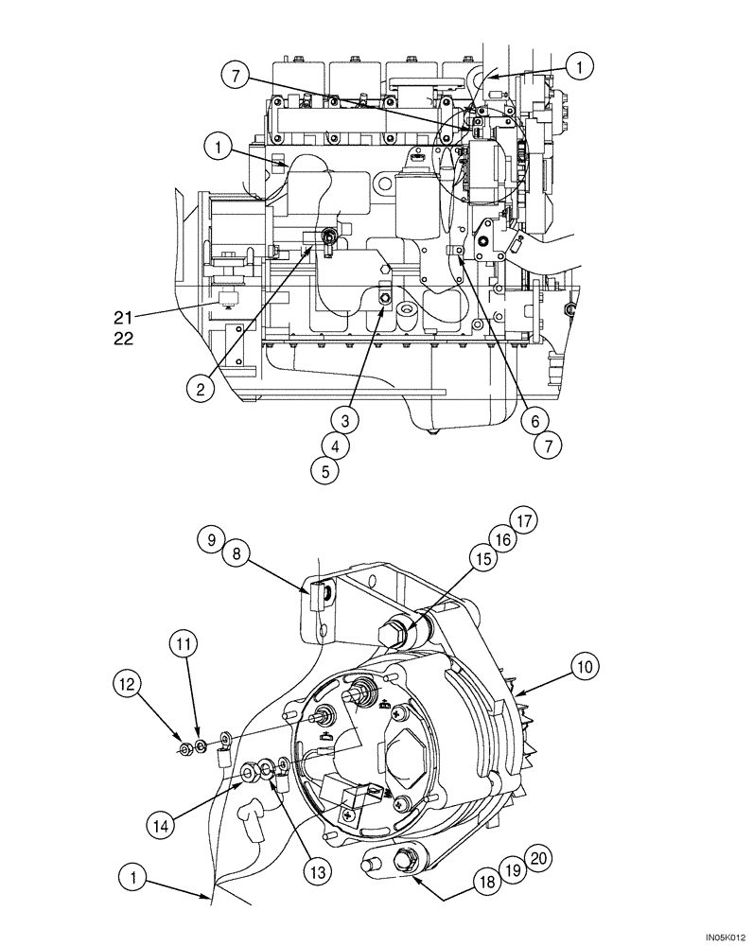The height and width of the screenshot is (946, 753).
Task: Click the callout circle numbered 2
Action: [x=201, y=386]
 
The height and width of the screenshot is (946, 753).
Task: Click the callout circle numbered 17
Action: [x=526, y=519]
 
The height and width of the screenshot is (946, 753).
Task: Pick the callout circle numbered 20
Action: [x=538, y=857]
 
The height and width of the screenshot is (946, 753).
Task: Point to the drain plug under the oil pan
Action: [x=432, y=431]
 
